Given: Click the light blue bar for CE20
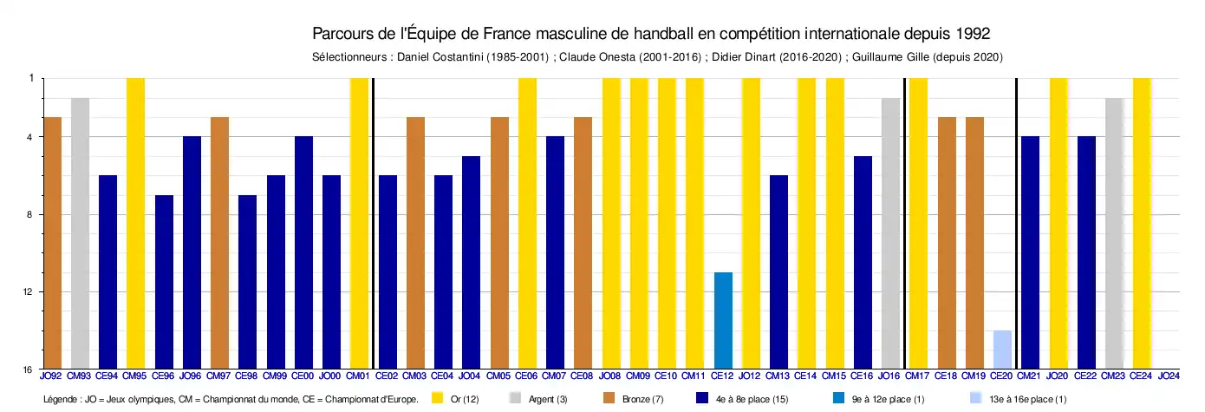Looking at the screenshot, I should tap(1002, 350).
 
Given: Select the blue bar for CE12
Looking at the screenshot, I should tap(723, 320).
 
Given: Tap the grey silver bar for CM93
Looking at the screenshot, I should tap(80, 233).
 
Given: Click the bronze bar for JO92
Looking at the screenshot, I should tap(52, 243).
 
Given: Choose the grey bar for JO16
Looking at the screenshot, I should tap(890, 233).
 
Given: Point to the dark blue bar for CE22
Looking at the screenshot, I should tap(1086, 252).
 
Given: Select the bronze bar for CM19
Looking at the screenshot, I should tap(974, 243).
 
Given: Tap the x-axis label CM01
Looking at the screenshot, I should tap(359, 376).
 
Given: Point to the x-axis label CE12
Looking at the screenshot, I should tap(722, 376).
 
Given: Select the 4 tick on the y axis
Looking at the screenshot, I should tap(31, 137).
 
